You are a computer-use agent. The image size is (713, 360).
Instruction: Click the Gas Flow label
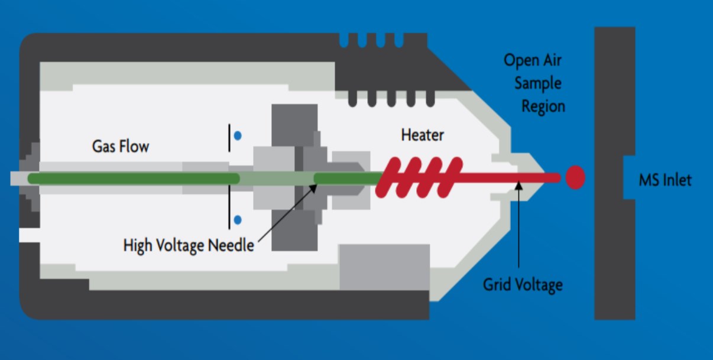120,145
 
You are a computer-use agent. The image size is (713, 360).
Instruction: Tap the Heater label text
422,135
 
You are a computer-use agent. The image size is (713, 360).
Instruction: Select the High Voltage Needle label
189,245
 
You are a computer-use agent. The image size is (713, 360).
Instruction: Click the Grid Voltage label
523,285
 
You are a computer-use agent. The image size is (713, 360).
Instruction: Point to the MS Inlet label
665,180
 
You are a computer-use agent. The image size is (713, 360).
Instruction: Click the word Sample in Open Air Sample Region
537,83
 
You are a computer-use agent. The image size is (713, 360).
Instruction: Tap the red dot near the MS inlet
575,177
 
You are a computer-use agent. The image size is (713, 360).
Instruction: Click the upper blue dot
238,135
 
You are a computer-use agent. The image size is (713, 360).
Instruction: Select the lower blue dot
238,220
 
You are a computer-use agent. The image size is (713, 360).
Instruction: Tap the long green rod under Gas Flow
133,178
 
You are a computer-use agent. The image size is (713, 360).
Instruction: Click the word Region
543,106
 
